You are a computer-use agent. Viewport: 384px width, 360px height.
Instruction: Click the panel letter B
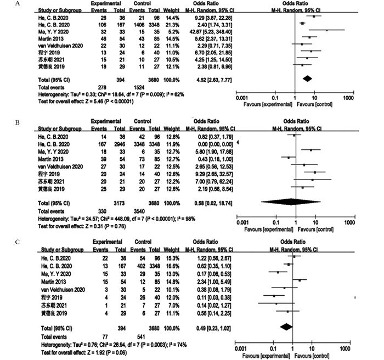4,116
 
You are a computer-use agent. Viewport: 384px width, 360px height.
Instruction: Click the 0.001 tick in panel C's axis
240,347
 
